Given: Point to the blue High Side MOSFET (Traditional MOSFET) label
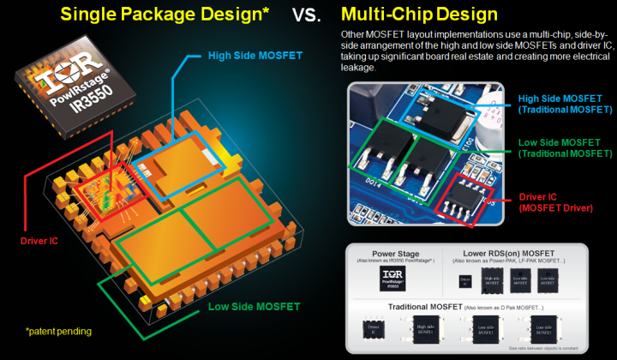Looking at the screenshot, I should point(566,103).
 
